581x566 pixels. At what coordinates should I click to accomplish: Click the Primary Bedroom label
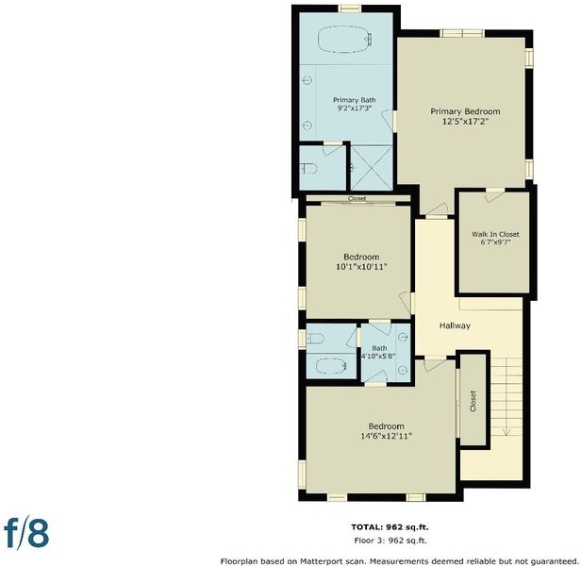[x=465, y=111]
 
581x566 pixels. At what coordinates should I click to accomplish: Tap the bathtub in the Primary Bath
[x=345, y=40]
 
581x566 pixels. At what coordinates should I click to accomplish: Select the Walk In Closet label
[x=495, y=234]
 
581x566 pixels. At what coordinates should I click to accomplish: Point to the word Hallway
[x=455, y=325]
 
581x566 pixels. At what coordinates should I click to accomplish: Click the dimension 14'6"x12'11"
[x=387, y=436]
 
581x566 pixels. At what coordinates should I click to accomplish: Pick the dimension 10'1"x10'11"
[x=361, y=267]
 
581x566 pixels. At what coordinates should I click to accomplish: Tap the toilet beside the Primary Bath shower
[x=308, y=169]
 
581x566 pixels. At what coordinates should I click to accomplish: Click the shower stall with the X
[x=372, y=168]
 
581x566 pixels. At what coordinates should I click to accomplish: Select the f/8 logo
[x=26, y=534]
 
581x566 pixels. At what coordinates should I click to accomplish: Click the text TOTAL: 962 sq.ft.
[x=390, y=527]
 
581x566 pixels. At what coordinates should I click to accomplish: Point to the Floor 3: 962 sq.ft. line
[x=390, y=541]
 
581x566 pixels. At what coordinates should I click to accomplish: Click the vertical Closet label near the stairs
[x=473, y=401]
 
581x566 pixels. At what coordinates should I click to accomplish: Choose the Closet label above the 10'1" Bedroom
[x=357, y=199]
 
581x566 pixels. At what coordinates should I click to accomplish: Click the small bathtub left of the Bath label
[x=331, y=366]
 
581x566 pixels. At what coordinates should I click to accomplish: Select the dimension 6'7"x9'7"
[x=495, y=242]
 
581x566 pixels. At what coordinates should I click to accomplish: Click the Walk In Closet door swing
[x=494, y=195]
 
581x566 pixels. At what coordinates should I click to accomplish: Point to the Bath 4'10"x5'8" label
[x=379, y=352]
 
